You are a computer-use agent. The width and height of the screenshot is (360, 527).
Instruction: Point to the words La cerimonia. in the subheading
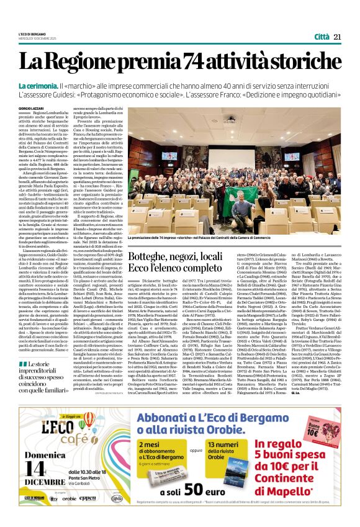click(56, 84)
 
